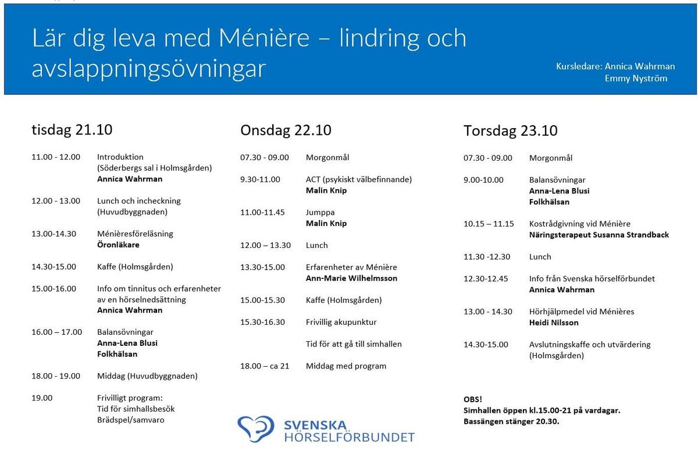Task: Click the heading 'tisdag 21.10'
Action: [72, 130]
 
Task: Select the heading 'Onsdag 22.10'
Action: [286, 130]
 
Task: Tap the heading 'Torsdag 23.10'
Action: [510, 131]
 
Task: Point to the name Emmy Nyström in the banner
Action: [636, 78]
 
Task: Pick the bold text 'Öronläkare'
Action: [118, 245]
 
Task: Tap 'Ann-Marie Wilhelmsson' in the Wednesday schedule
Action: [351, 278]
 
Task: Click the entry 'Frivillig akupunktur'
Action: [341, 322]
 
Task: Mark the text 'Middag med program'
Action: [346, 366]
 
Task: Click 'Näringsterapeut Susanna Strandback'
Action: [599, 235]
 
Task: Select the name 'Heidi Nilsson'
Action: [554, 323]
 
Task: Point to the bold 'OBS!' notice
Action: [472, 399]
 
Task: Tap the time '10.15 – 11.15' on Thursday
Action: [489, 224]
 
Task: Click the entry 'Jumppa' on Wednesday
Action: [320, 212]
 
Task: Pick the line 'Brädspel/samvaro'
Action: [130, 420]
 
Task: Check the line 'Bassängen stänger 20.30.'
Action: [511, 421]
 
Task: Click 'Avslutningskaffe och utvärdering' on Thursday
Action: [590, 345]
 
